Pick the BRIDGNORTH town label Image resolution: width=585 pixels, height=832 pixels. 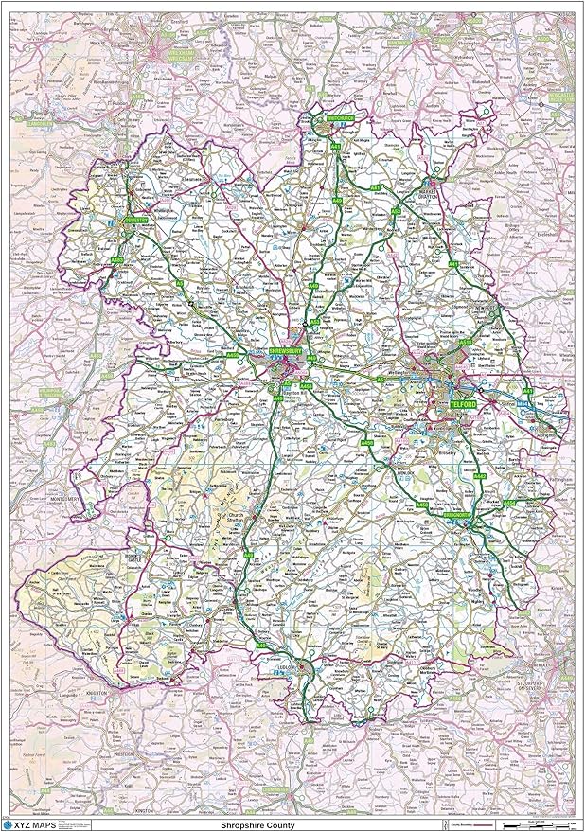click(x=462, y=515)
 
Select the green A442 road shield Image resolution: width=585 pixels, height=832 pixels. click(x=480, y=478)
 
